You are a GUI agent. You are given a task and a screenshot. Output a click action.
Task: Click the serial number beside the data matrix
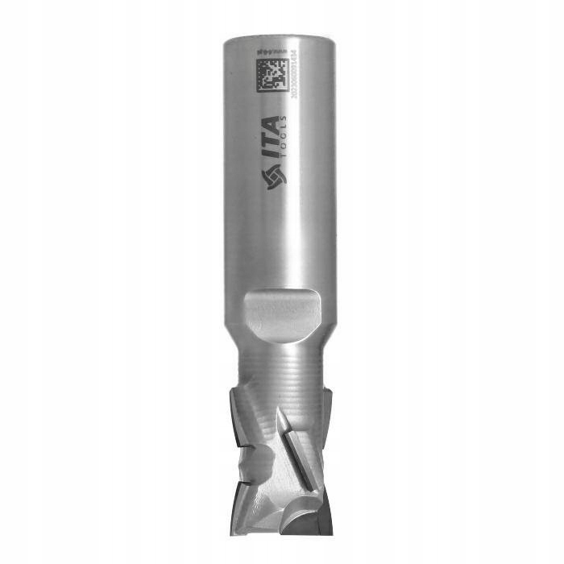[x=294, y=77]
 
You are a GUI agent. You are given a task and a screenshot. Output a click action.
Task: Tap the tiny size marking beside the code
[x=272, y=52]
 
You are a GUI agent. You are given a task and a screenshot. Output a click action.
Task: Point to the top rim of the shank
[x=278, y=36]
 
